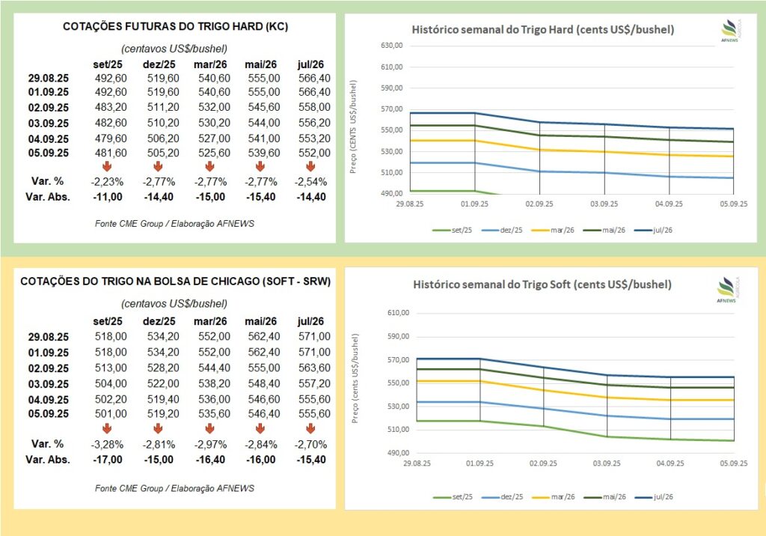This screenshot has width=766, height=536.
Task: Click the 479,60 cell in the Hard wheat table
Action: (111, 138)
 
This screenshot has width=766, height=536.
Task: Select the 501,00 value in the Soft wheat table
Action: (111, 413)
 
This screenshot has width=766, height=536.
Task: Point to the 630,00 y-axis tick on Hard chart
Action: (393, 46)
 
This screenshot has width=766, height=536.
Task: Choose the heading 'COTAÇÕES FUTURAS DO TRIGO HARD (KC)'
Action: (175, 28)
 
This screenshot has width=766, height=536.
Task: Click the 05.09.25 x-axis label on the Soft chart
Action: (733, 463)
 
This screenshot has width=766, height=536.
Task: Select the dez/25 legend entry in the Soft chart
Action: (502, 496)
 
